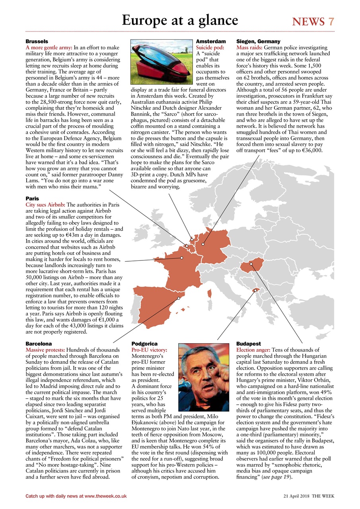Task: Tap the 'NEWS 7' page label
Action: coord(313,21)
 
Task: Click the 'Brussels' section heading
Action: coord(37,41)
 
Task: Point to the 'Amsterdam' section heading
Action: coord(211,41)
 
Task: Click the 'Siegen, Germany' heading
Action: coord(258,41)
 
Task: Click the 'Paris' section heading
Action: coord(32,198)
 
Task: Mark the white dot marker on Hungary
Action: coord(251,264)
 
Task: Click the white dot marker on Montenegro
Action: coord(255,291)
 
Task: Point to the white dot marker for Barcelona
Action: coord(179,298)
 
